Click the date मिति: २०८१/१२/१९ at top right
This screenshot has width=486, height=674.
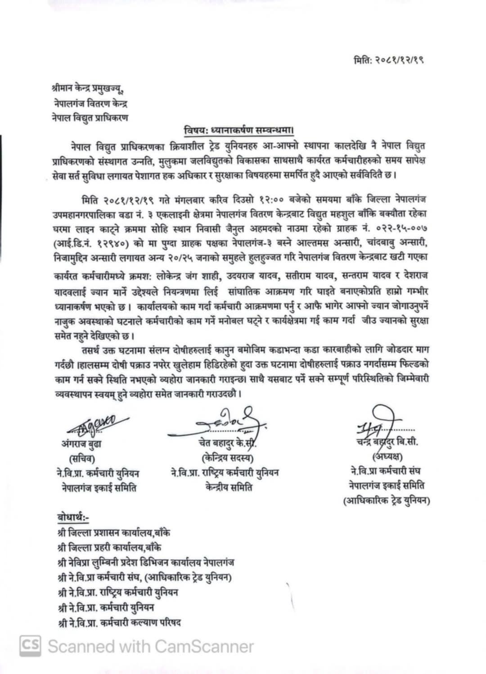(388, 60)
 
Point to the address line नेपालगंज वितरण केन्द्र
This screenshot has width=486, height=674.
(89, 104)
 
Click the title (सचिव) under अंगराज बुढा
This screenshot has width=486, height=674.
(81, 458)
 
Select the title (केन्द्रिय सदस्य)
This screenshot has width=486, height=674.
(228, 458)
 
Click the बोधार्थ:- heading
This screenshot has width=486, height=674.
(73, 518)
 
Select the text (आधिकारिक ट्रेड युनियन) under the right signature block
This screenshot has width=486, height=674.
(387, 500)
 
